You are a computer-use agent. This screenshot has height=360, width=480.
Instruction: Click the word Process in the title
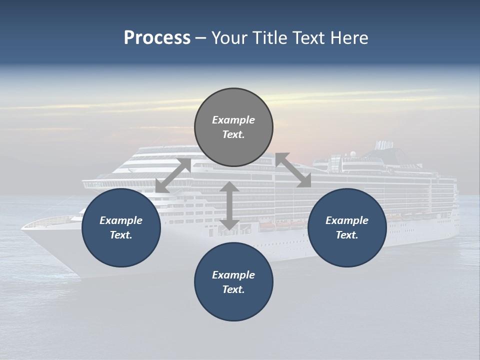click(x=157, y=38)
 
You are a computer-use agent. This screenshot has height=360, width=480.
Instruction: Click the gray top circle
click(x=233, y=127)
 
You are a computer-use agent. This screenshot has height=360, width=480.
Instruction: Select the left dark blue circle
click(x=121, y=227)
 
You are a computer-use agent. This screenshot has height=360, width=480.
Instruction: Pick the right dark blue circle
click(x=346, y=227)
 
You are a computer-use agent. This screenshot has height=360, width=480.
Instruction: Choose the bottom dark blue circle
click(x=233, y=282)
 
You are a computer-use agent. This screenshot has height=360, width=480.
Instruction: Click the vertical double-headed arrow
click(x=229, y=205)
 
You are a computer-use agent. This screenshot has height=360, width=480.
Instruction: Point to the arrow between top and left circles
click(x=173, y=175)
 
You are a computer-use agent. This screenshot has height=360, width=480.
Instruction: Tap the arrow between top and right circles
click(x=293, y=170)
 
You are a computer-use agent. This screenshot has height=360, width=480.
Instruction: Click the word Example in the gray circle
click(x=233, y=120)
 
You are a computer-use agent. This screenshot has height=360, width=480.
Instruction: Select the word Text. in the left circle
click(x=121, y=235)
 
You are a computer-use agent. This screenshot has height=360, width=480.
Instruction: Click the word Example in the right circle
click(x=346, y=220)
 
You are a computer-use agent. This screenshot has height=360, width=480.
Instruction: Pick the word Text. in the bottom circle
click(x=233, y=289)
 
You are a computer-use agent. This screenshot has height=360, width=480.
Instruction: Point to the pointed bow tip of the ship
click(x=23, y=227)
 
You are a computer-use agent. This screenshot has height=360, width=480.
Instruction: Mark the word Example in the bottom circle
click(x=233, y=275)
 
